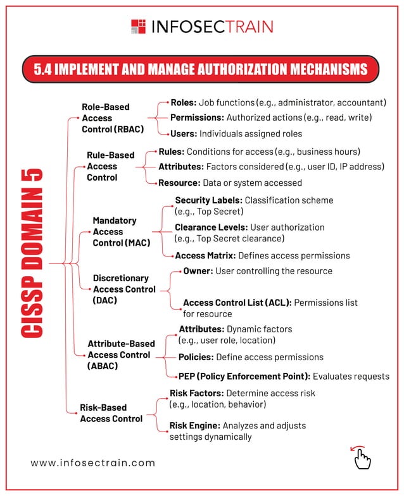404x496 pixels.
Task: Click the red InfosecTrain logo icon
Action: (138, 26)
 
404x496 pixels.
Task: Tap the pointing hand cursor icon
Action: (361, 457)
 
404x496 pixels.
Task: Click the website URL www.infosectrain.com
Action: (93, 463)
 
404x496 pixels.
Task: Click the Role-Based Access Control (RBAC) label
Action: (112, 118)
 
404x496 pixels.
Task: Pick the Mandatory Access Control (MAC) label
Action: (121, 232)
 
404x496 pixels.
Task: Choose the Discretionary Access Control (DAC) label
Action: (123, 289)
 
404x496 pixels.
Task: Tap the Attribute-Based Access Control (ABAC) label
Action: (121, 354)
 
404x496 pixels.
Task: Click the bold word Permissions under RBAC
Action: (196, 118)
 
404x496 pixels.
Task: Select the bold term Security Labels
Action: (208, 200)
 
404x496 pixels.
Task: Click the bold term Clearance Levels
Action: (211, 227)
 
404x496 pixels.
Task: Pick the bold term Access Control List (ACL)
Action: (237, 303)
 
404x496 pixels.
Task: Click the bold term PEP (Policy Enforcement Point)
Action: (244, 377)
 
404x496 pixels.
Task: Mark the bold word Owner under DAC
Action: (198, 271)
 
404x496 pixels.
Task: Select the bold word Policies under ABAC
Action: (196, 357)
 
